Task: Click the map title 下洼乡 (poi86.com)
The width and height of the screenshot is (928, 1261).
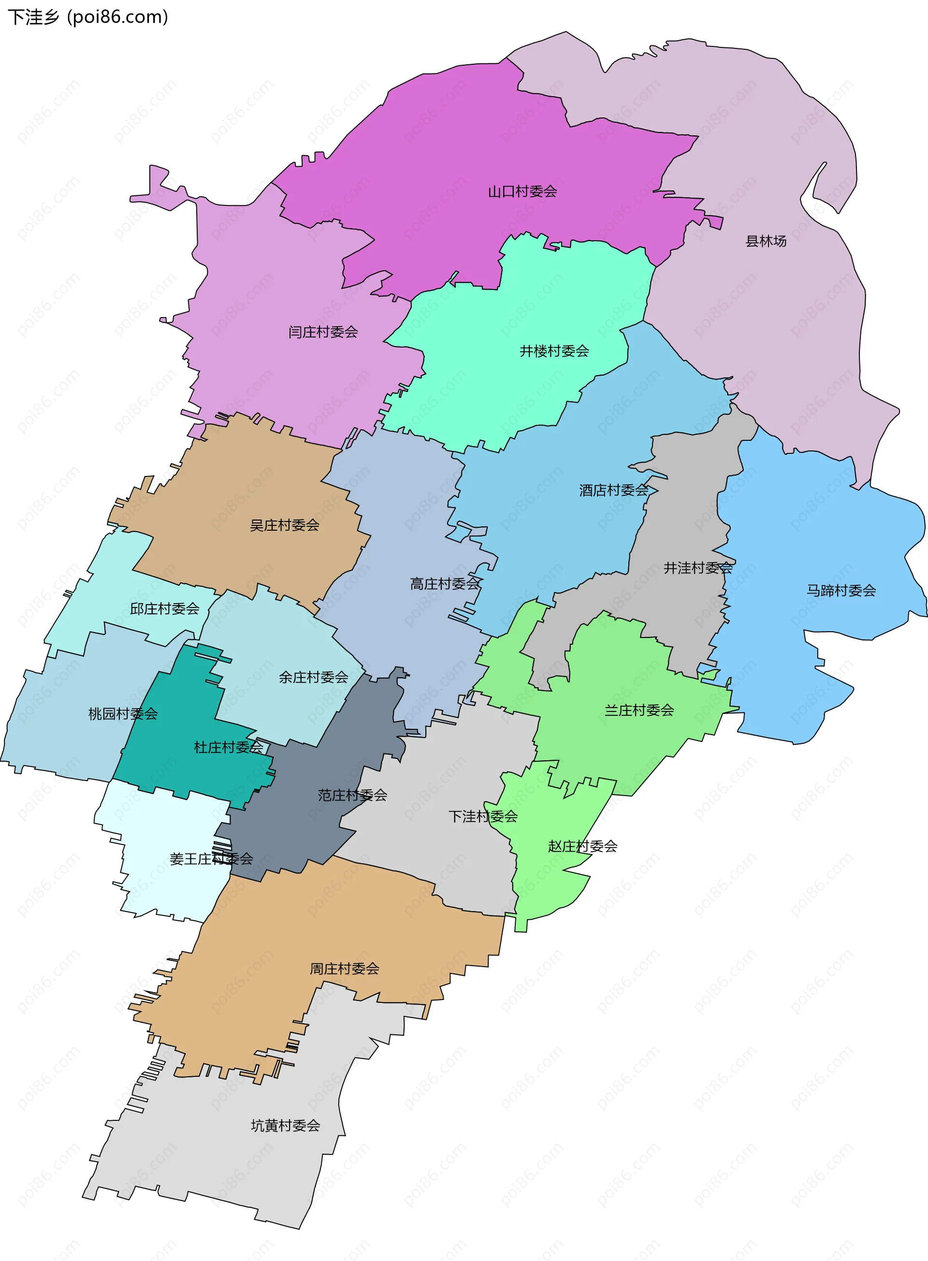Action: (x=88, y=17)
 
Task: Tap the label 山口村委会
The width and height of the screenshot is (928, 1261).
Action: (x=522, y=192)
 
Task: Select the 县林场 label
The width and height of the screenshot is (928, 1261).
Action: (x=765, y=242)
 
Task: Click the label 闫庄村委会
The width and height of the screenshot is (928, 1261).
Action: (x=323, y=333)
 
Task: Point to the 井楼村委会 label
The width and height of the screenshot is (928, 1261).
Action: (x=554, y=351)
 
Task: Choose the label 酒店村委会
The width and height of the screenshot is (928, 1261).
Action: (x=613, y=491)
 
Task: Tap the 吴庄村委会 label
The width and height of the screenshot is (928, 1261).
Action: (x=284, y=526)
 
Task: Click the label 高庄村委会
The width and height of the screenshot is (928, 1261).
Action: (x=444, y=584)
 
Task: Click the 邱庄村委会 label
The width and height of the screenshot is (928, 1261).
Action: (x=165, y=609)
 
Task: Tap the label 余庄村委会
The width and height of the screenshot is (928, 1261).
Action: (x=314, y=678)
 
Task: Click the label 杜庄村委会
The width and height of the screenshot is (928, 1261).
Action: (x=228, y=748)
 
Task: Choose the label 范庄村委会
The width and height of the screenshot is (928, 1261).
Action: (x=352, y=796)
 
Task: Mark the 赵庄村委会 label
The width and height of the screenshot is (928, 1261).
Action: (x=582, y=846)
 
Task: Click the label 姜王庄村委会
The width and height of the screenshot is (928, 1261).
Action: (x=211, y=859)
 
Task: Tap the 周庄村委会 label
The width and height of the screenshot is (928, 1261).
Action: (x=344, y=969)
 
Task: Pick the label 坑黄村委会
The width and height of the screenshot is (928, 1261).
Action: (x=285, y=1126)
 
